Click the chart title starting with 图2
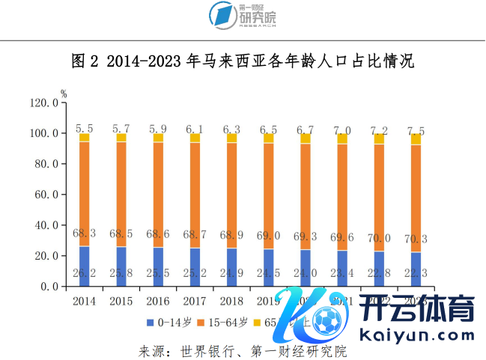pyautogui.click(x=243, y=61)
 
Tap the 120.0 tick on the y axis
pyautogui.click(x=44, y=103)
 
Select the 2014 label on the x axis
pyautogui.click(x=84, y=302)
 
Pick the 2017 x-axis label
pyautogui.click(x=195, y=302)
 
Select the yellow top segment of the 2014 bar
pyautogui.click(x=84, y=138)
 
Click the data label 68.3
pyautogui.click(x=84, y=234)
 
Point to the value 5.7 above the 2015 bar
pyautogui.click(x=121, y=129)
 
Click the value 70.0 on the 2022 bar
pyautogui.click(x=379, y=238)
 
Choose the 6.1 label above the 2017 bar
pyautogui.click(x=195, y=129)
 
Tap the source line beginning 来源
pyautogui.click(x=243, y=350)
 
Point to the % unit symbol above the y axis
pyautogui.click(x=64, y=94)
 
